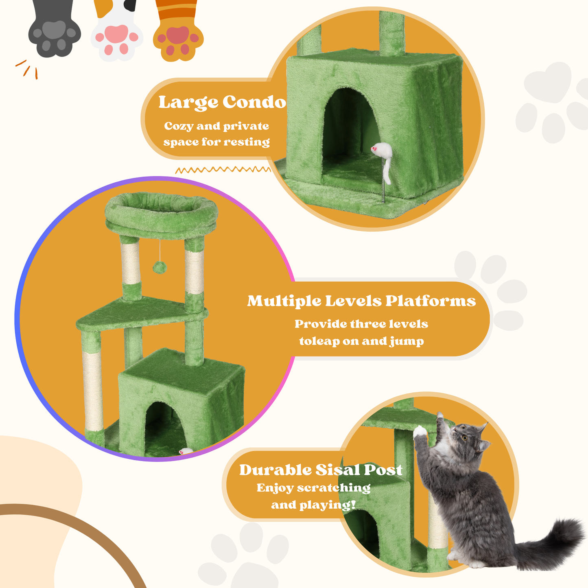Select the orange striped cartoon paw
coord(178,37)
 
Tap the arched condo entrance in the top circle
coord(350,130)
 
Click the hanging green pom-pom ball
coord(160,267)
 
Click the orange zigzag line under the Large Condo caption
coord(223,170)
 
